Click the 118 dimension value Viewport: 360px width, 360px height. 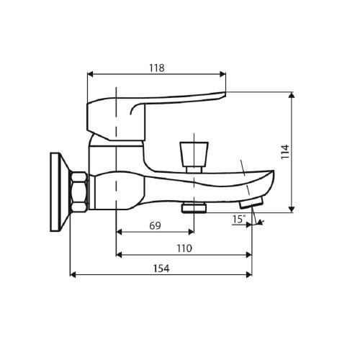tap(157, 68)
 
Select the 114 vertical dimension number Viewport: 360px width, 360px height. tap(285, 151)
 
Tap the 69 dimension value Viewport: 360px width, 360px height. tap(155, 225)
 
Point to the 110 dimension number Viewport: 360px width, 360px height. tap(184, 248)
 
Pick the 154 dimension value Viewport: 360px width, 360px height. tap(161, 269)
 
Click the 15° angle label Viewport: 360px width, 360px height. tap(239, 219)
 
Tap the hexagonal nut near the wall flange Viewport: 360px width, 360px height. tap(78, 192)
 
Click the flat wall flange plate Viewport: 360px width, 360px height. tap(55, 192)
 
